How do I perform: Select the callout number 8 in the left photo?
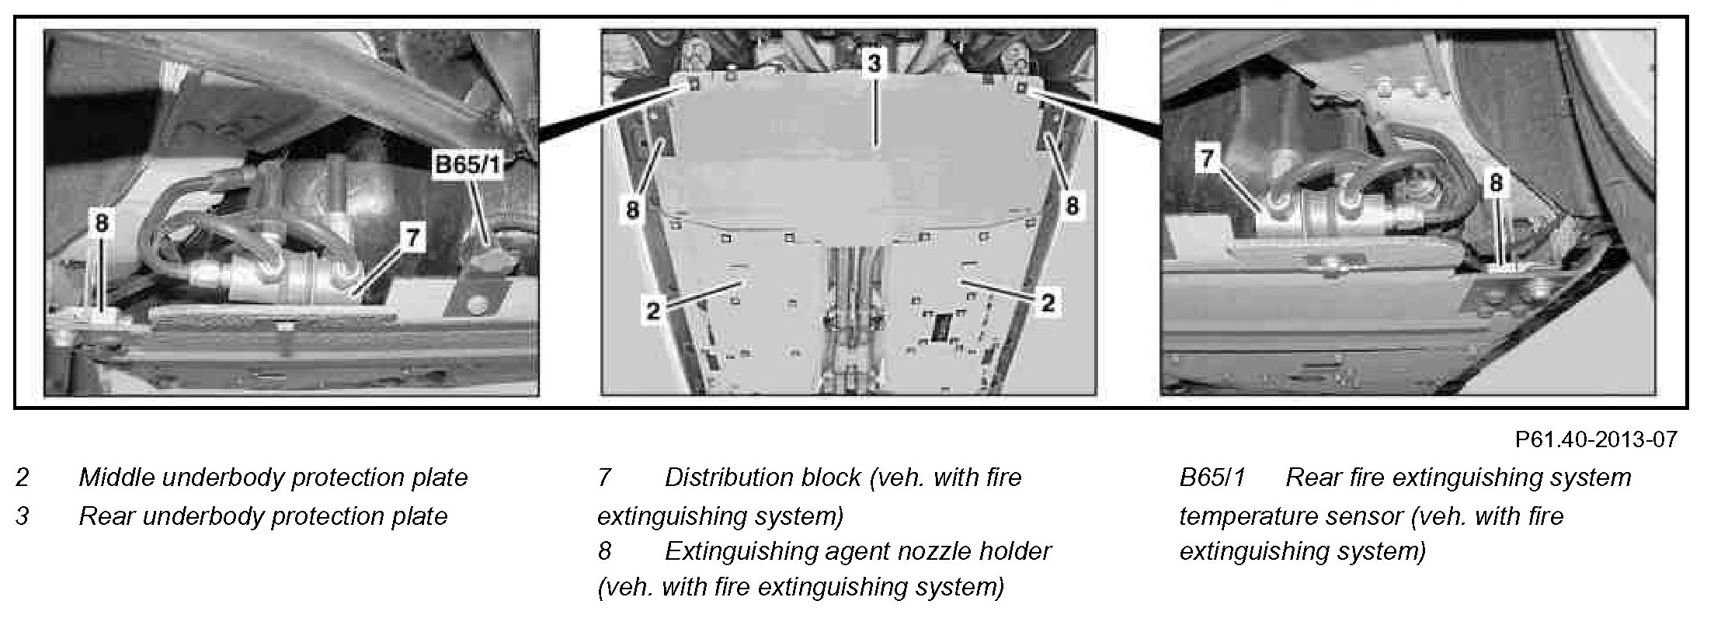tap(102, 224)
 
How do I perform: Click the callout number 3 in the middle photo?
tap(875, 64)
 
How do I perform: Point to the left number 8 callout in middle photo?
tap(633, 210)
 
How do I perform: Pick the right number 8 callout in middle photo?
tap(1072, 207)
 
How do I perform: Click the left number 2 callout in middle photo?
tap(653, 311)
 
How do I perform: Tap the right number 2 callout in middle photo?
tap(1048, 303)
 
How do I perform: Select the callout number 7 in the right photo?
tap(1207, 159)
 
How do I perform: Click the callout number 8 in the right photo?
tap(1496, 184)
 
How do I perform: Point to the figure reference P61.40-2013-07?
tap(1595, 440)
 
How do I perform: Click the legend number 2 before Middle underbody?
tap(23, 477)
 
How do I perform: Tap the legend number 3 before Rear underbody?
tap(23, 516)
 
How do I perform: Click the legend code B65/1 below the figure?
tap(1212, 477)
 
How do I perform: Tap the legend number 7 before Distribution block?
tap(605, 477)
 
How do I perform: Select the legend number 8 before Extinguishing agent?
tap(605, 551)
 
